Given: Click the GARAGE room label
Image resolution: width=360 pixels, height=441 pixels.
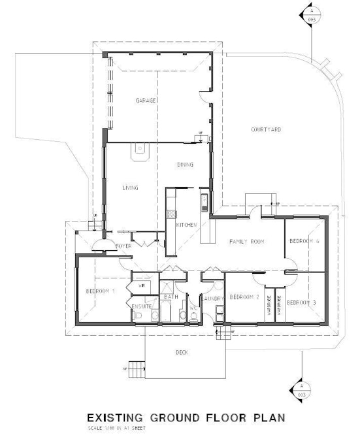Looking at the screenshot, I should point(145,101).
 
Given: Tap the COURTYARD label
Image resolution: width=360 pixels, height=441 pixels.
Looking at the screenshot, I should point(266,130).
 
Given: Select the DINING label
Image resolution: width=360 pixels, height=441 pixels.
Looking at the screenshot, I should point(184,165).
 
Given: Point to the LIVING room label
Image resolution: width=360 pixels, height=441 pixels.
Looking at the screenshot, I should point(131,188).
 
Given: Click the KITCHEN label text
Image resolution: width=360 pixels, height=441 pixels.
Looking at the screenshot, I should point(187,225).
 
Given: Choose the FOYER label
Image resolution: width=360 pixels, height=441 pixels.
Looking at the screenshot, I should point(125,246).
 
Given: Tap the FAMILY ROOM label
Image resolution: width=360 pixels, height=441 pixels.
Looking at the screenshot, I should point(246,242).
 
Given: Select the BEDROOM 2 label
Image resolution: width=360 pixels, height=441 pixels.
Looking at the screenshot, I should point(244,297).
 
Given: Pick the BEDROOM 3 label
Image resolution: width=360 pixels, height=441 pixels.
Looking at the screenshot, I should point(301,302).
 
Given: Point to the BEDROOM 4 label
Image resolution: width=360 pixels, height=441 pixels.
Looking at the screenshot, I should point(304,241).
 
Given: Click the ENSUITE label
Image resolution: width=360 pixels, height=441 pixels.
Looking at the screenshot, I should point(142,305).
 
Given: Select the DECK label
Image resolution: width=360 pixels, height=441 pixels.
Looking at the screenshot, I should point(182,352).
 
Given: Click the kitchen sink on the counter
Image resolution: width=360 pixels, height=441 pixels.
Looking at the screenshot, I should point(204,199).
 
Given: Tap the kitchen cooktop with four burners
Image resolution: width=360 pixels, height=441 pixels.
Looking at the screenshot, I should point(171,213).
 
